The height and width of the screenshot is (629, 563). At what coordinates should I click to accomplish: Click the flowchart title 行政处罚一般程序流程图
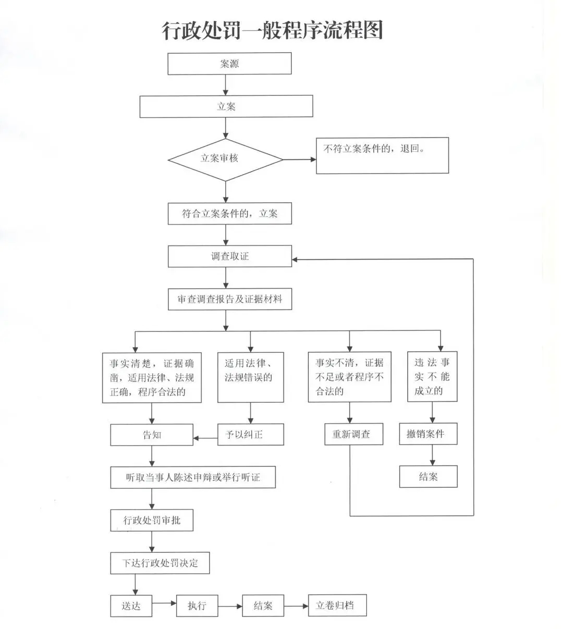point(272,30)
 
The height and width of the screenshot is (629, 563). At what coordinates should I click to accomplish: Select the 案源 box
point(229,64)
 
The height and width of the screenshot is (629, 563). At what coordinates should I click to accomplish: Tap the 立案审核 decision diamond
point(225,160)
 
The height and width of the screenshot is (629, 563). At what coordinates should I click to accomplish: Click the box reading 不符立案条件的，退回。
point(382,155)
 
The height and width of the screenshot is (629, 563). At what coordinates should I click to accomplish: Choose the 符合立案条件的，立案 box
point(230,214)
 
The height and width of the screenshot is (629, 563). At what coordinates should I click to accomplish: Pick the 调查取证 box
point(230,256)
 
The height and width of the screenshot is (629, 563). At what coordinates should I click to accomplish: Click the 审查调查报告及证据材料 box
point(230,299)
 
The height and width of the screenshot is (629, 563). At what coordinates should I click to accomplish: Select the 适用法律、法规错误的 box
point(251,377)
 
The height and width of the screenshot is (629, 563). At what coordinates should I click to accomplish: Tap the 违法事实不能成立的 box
point(432,377)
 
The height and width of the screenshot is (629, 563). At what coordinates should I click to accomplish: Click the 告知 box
point(152,435)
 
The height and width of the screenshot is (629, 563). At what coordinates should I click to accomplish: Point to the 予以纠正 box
point(251,435)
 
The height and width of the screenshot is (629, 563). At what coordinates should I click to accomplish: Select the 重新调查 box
point(353,434)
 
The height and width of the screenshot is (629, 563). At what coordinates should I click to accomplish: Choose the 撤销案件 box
point(428,434)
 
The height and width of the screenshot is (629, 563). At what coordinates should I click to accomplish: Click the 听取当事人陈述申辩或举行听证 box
point(193,477)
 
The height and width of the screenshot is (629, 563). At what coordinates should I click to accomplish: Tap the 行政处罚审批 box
point(152,520)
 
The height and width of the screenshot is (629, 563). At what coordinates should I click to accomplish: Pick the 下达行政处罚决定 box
point(160,563)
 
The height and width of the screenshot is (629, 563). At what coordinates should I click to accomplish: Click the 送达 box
point(131,606)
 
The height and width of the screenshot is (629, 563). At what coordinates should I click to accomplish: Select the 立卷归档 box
point(337,606)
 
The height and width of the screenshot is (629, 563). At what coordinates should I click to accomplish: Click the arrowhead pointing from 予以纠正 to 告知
point(196,438)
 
